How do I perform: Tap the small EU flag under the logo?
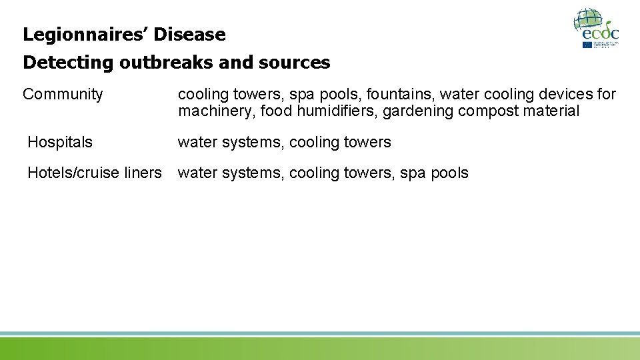[587, 45]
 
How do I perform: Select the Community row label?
[63, 95]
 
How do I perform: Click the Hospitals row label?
[60, 142]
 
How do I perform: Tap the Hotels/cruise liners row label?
[94, 173]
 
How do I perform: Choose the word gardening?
[417, 111]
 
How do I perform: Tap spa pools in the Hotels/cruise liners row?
[434, 173]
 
